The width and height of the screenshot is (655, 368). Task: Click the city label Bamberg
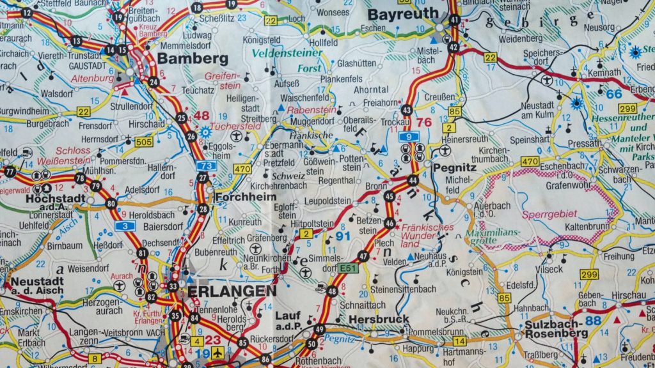(192, 59)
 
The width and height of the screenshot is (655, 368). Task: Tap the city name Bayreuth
(403, 13)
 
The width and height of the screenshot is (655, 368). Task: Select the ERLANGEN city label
(232, 291)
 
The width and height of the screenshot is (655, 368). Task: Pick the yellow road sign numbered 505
(144, 142)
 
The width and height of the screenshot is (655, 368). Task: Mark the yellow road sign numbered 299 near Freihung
(588, 275)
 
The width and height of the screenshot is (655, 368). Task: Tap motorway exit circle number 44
(413, 181)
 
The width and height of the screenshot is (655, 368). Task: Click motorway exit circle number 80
(112, 204)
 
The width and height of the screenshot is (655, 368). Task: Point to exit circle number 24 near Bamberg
(154, 82)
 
